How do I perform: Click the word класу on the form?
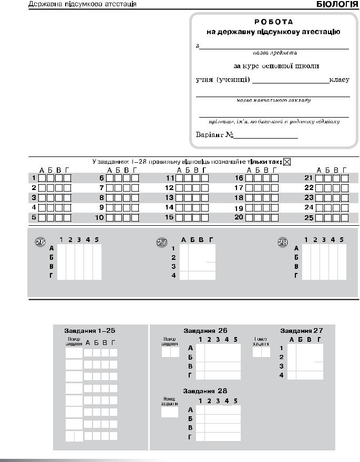(339, 80)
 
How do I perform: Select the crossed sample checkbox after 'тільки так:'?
(287, 162)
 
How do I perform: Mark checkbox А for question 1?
(42, 178)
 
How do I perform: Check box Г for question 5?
(67, 217)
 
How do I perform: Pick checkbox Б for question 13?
(188, 198)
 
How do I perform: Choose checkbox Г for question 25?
(345, 217)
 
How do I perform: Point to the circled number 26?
(40, 241)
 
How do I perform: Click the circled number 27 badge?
(162, 242)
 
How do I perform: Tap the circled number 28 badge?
(283, 242)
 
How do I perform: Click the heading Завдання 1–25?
(89, 331)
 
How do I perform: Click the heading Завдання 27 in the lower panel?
(301, 331)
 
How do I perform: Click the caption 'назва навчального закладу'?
(273, 100)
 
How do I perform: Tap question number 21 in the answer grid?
(308, 178)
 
